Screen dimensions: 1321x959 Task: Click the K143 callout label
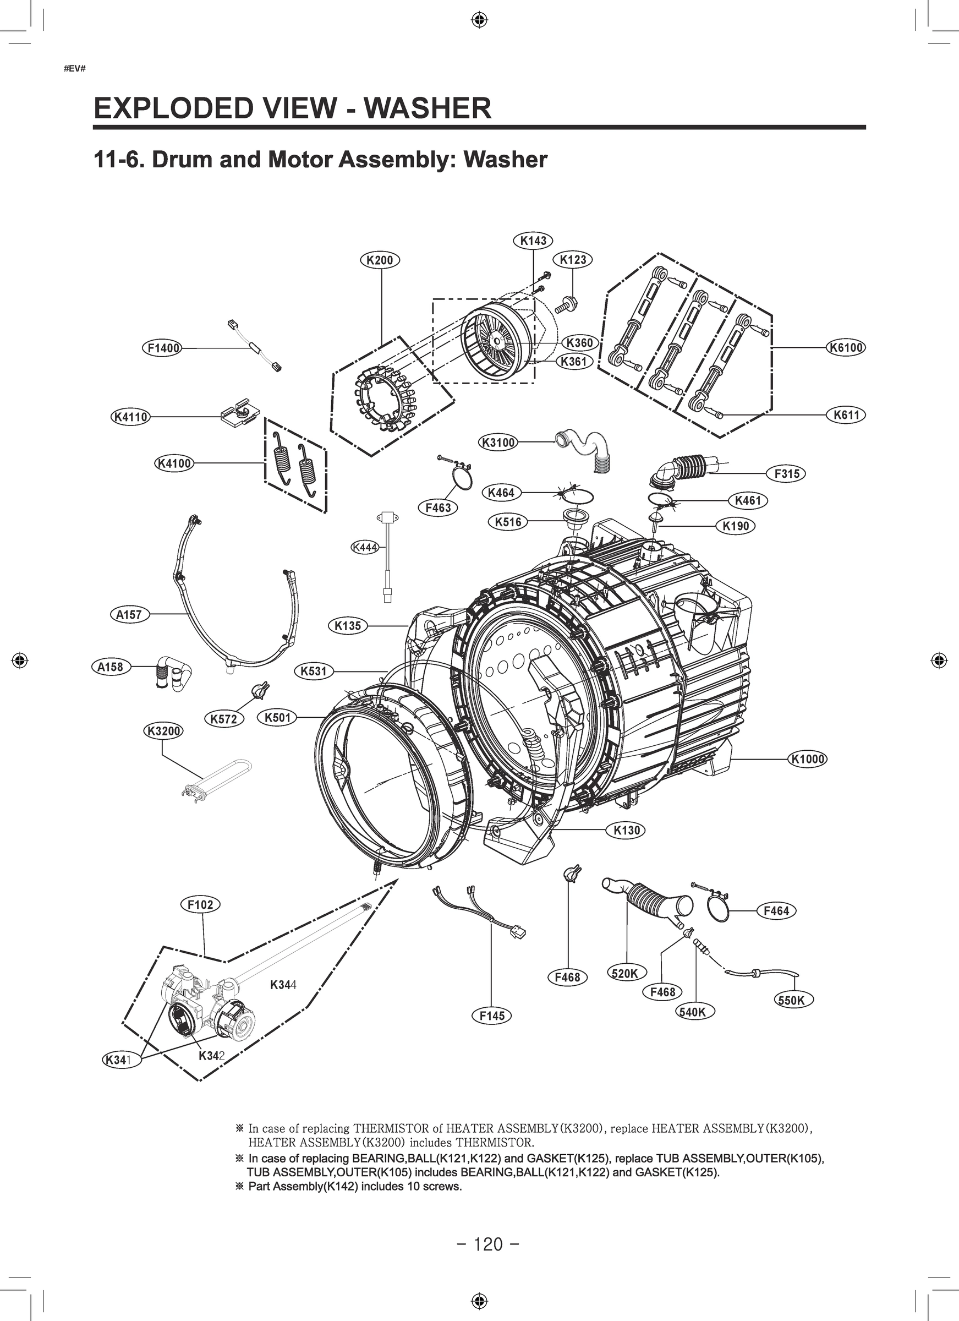533,241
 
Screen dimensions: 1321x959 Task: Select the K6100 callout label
846,348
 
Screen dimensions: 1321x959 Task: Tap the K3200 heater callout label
163,731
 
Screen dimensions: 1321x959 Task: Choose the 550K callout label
794,1001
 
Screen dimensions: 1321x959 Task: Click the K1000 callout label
808,759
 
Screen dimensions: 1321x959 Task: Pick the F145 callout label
491,1016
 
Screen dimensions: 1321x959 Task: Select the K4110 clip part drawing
240,413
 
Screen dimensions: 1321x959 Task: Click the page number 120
488,1245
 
